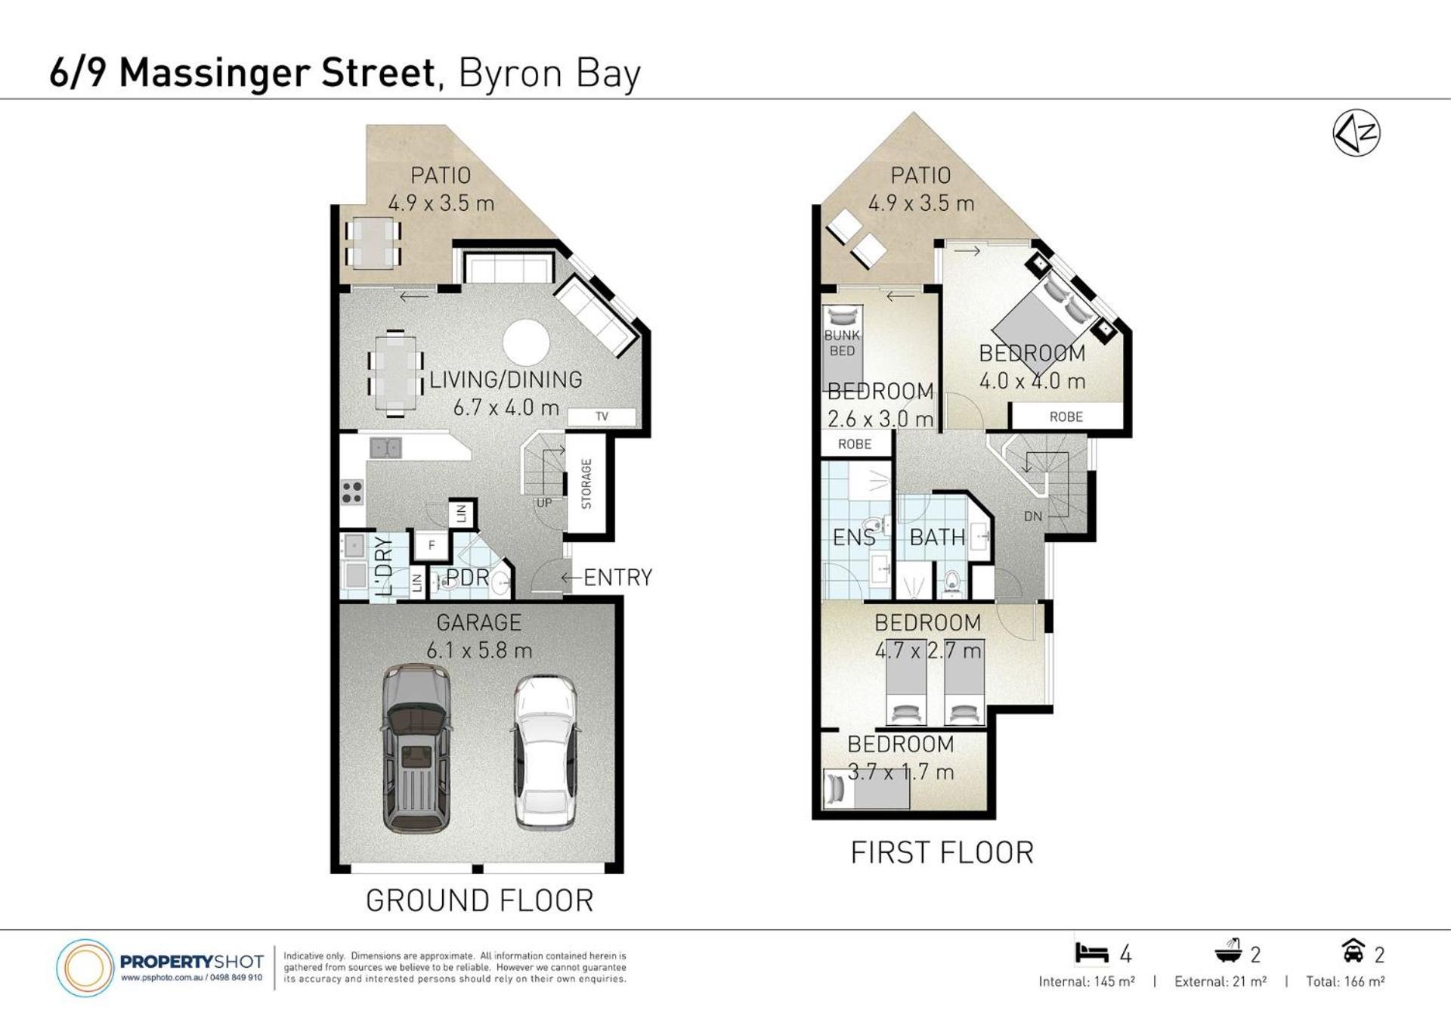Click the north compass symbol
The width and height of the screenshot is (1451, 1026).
coord(1357,133)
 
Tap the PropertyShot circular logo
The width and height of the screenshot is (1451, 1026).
coord(85,967)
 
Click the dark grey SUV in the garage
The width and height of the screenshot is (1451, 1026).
coord(416,748)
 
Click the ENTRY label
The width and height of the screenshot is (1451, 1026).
coord(617,578)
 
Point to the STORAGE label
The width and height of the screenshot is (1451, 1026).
coord(586,484)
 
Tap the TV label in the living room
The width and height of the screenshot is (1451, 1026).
coord(602,417)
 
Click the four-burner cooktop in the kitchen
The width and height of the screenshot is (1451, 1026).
coord(352,492)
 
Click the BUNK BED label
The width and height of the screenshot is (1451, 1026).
coord(842,343)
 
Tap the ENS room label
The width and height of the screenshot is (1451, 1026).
coord(854,538)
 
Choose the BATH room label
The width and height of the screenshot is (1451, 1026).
coord(937,538)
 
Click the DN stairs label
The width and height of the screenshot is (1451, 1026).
coord(1033,516)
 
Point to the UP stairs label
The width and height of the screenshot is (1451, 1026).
coord(544,503)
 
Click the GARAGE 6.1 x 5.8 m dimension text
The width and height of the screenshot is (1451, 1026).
coord(479,650)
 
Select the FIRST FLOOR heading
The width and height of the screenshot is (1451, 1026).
coord(942,853)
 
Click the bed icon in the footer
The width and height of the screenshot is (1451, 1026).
coord(1091,953)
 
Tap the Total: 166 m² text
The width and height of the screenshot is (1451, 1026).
coord(1345,981)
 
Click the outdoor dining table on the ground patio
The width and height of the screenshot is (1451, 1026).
coord(373,243)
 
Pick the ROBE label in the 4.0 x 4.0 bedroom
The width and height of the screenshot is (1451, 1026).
coord(1066,417)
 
